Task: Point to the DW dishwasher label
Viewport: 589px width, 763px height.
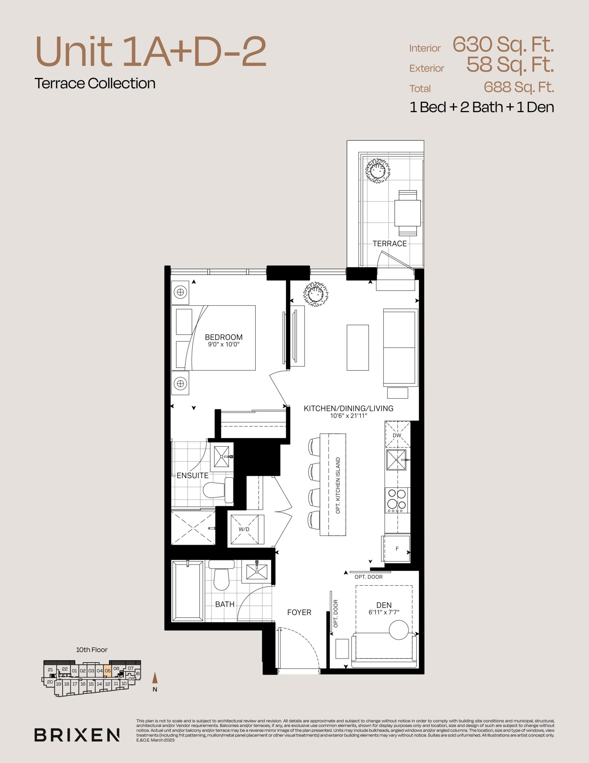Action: click(x=397, y=435)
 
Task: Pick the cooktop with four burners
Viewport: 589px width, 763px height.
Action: click(x=397, y=500)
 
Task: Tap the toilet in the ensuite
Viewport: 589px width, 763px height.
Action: click(x=219, y=490)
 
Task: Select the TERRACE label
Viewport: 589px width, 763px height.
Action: click(x=390, y=244)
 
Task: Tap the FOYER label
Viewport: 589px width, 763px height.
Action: click(x=299, y=612)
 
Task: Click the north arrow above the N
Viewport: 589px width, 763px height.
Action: click(x=155, y=678)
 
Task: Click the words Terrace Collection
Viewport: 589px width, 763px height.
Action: click(x=95, y=83)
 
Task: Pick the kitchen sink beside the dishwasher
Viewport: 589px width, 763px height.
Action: click(x=397, y=460)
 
